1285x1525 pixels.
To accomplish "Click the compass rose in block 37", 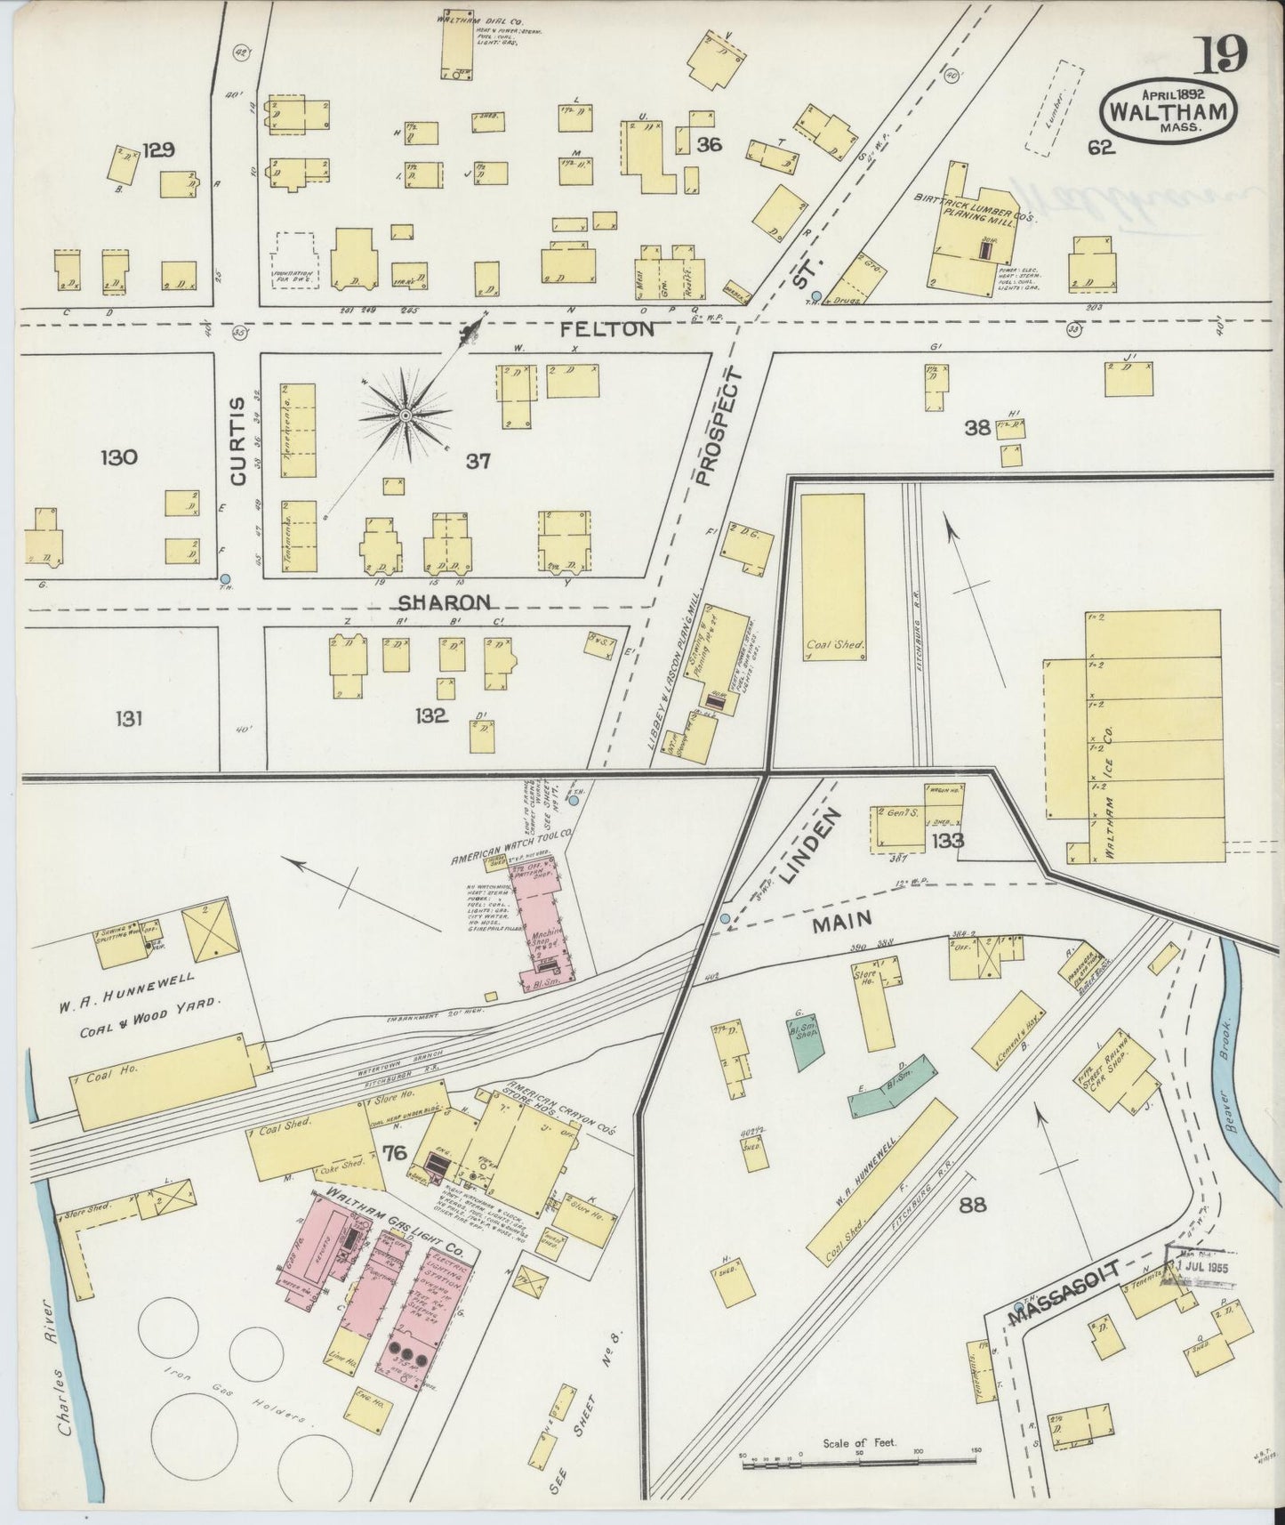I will (406, 415).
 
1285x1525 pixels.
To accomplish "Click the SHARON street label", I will (443, 602).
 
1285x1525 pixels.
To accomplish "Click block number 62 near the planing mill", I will (1101, 148).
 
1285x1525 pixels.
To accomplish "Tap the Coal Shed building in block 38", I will (833, 577).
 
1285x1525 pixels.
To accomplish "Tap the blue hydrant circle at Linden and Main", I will (725, 918).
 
